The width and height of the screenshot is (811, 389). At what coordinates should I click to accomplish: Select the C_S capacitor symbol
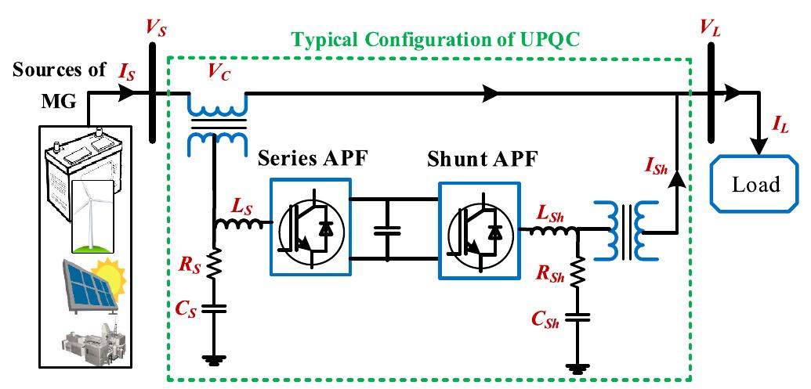coord(213,307)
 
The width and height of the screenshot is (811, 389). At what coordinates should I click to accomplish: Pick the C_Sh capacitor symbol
coord(577,317)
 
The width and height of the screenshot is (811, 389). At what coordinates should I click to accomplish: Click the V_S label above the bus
coord(156,29)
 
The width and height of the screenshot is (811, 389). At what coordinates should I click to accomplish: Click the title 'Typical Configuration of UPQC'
coord(436,38)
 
